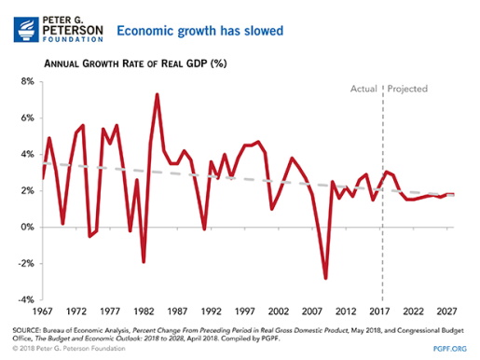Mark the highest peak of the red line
point(157,94)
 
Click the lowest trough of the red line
point(326,278)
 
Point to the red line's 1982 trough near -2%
point(144,262)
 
